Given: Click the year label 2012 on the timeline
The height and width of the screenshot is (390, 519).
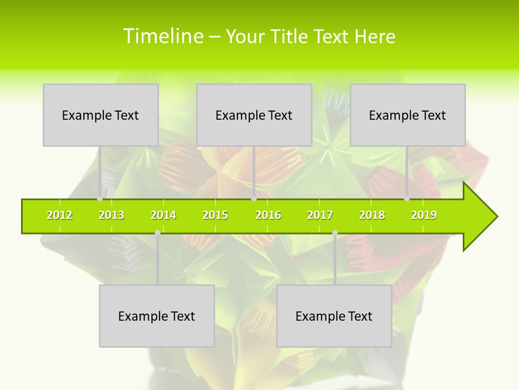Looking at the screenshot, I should [59, 215].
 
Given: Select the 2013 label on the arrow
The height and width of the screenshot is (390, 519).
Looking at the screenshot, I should [111, 215].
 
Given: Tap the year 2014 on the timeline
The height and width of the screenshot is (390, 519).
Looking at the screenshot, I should [163, 215].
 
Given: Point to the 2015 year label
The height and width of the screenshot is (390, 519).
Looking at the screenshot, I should [215, 215].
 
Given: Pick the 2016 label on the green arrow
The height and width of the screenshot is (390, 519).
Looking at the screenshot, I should [268, 215].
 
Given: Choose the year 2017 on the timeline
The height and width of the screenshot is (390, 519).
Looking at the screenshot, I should [320, 215].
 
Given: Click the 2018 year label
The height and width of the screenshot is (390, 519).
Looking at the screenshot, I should [372, 215].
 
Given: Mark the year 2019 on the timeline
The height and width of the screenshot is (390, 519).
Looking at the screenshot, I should [424, 215].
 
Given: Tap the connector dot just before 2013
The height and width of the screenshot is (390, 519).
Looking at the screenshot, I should [99, 199].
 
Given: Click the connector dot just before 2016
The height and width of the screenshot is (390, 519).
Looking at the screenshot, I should [254, 199].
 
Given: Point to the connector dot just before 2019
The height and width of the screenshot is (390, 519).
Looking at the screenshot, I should [407, 199].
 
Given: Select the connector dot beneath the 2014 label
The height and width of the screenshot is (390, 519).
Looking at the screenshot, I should [157, 233].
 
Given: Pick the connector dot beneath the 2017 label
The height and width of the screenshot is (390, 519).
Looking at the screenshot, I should [335, 233].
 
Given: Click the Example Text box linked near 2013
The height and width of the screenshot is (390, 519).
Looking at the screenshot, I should [101, 115].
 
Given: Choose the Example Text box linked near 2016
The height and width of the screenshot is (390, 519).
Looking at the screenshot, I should [254, 115].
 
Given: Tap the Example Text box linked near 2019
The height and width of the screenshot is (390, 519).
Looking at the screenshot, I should [408, 115].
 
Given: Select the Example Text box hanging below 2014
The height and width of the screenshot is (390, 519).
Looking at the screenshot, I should [157, 316].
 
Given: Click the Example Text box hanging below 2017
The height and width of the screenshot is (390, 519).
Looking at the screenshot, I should [334, 316].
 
